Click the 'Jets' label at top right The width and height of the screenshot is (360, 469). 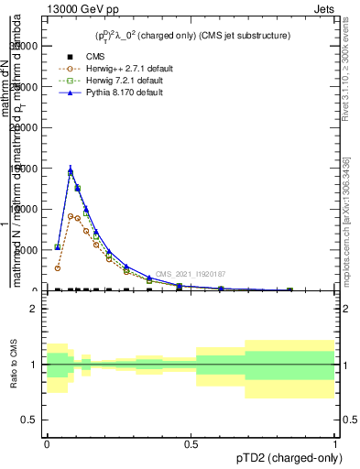click(x=323, y=7)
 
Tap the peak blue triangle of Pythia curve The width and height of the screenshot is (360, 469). click(x=71, y=169)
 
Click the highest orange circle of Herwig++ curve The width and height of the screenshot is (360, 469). click(x=71, y=216)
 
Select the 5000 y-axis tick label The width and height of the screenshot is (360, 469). click(x=34, y=250)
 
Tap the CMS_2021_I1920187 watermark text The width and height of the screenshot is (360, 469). click(x=190, y=274)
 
